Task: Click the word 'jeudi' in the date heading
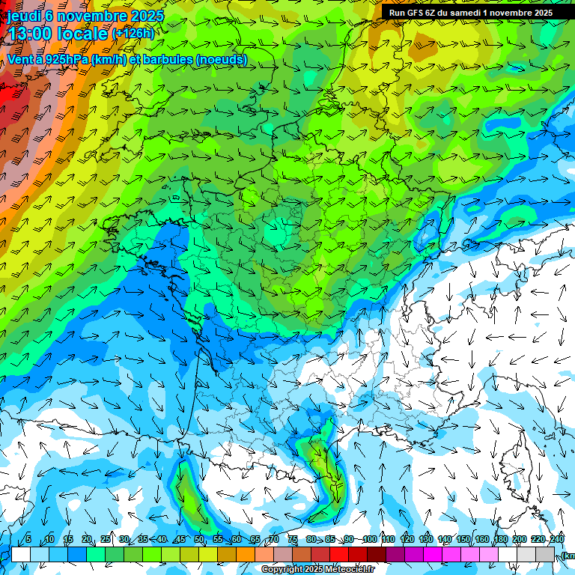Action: tap(23, 15)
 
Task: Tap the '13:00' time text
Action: tap(30, 34)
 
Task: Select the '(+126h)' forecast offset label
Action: tap(133, 34)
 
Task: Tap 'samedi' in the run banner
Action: tap(463, 13)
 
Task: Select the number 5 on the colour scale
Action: tap(28, 539)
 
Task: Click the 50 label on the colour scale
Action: tap(199, 539)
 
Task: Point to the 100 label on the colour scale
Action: tap(369, 539)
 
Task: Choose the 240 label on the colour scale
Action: tap(557, 539)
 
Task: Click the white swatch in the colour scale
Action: tap(20, 555)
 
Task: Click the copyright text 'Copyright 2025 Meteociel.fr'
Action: tap(317, 570)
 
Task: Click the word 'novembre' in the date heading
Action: tap(93, 15)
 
